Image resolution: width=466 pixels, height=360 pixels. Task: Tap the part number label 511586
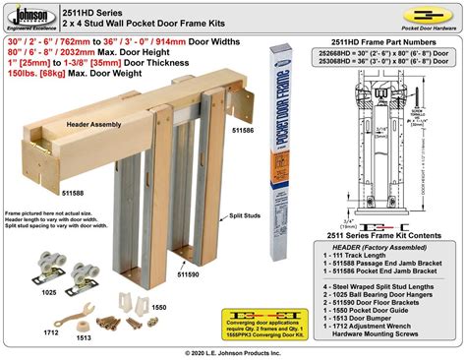(x=245, y=129)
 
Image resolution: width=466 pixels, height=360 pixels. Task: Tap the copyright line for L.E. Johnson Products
(x=233, y=352)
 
